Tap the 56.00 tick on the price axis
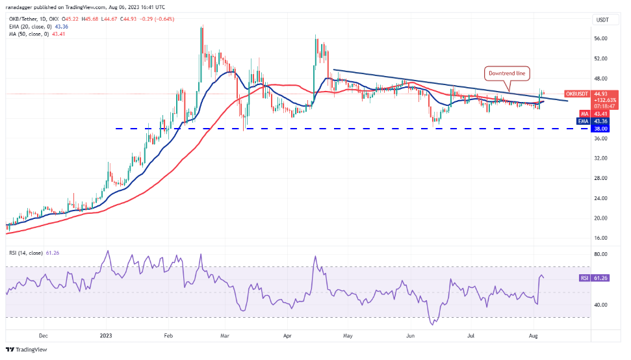[x=601, y=38]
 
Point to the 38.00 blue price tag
[x=601, y=129]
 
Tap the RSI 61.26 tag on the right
[x=594, y=277]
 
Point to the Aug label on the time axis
[x=533, y=337]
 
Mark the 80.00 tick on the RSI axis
[x=601, y=254]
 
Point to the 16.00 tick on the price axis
[x=601, y=238]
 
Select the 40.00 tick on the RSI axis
[x=601, y=304]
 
